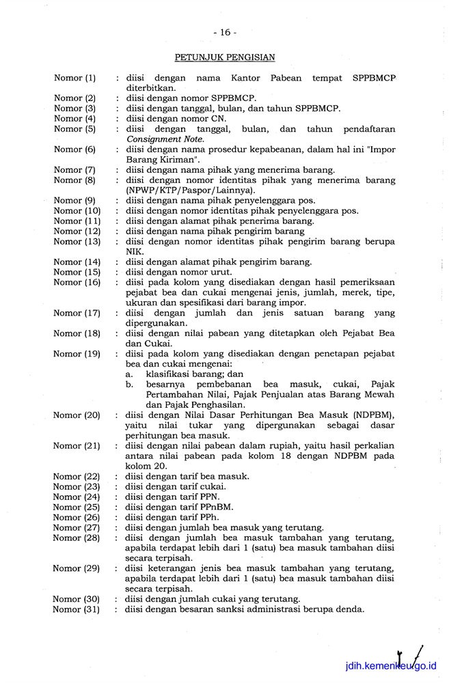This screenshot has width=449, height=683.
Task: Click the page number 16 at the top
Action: coord(224,32)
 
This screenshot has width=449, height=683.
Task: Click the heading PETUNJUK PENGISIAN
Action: coord(224,57)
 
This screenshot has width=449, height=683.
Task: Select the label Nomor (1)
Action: coord(74,78)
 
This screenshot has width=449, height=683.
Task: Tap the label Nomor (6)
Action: coord(74,150)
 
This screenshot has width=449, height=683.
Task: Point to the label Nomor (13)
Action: coord(77,242)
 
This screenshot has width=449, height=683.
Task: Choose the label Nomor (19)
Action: coord(77,354)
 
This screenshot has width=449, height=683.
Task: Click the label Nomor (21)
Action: coord(77,446)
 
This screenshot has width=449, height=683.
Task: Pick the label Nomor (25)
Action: coord(77,507)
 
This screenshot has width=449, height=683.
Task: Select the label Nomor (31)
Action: coord(77,610)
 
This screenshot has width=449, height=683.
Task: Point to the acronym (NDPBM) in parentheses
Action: coord(371,415)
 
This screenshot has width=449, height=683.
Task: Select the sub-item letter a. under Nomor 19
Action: coord(129,374)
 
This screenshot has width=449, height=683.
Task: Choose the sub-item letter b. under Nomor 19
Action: coord(129,385)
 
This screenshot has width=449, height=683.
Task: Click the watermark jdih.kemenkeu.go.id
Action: coord(391,666)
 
